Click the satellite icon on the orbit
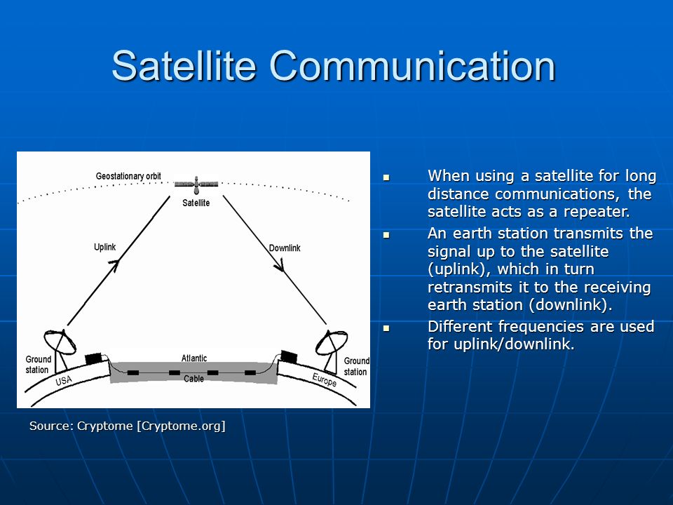click(196, 184)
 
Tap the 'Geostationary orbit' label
click(128, 176)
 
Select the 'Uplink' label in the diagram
click(104, 247)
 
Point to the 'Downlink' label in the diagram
click(285, 248)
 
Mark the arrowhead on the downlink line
click(280, 266)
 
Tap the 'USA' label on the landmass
click(64, 380)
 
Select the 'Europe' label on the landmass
click(324, 379)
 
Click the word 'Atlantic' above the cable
click(194, 358)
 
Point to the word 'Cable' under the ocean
click(193, 379)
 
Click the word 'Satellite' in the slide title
click(184, 66)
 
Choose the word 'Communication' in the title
click(412, 66)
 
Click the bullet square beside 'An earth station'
click(386, 235)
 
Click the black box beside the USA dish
click(93, 358)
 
